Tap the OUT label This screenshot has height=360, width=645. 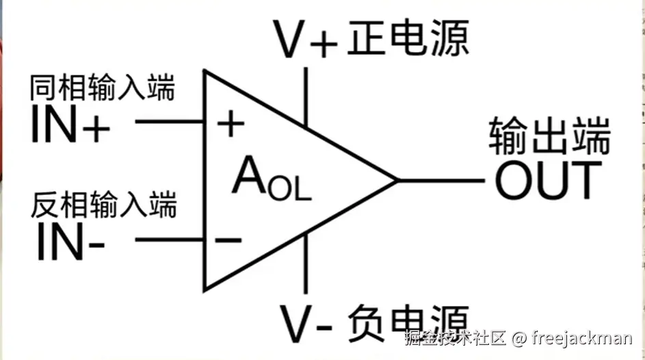point(549,181)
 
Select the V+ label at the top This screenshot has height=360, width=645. point(306,39)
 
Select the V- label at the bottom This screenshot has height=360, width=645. point(306,322)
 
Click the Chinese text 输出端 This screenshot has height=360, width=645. point(549,137)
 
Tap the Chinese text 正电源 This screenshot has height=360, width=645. point(408,38)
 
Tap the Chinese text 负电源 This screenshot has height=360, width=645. point(408,320)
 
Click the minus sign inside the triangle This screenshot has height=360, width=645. point(228,240)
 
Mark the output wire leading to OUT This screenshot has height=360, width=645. point(441,181)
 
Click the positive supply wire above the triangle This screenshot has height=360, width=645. point(306,96)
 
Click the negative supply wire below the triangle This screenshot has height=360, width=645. point(306,267)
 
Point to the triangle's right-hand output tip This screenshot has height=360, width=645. point(397,181)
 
